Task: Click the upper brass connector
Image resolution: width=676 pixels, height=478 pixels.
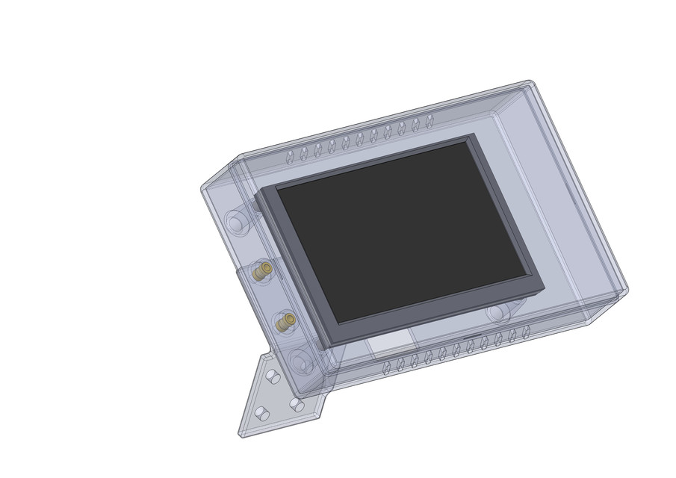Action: (x=261, y=272)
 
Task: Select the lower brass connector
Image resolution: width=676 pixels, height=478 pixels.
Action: (x=284, y=323)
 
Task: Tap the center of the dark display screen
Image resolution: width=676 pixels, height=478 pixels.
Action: (x=403, y=232)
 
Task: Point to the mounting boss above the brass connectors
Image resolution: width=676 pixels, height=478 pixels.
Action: (x=238, y=222)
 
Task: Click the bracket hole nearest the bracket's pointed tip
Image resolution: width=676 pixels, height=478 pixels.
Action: (x=261, y=412)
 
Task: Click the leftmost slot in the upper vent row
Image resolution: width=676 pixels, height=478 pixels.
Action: (x=290, y=157)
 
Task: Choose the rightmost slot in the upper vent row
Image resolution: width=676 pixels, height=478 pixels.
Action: (x=430, y=121)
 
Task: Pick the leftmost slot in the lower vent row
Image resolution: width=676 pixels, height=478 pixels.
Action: (x=386, y=367)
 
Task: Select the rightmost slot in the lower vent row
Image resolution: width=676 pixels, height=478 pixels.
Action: (x=526, y=331)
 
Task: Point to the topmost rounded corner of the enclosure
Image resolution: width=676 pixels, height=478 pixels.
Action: (x=529, y=81)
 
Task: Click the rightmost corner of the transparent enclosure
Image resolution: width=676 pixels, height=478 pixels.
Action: (x=626, y=290)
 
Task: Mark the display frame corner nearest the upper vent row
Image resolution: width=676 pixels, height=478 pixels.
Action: (x=472, y=136)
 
